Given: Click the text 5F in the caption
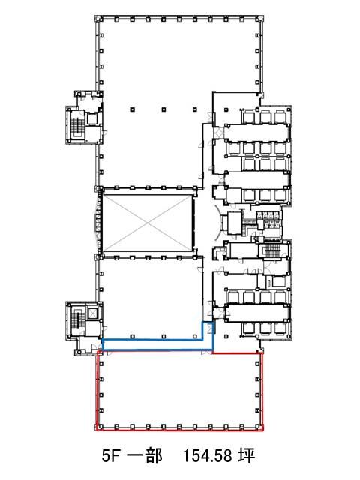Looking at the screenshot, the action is point(110,456).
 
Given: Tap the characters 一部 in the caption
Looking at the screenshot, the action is point(145,456).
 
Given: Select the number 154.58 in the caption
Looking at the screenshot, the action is point(208,456).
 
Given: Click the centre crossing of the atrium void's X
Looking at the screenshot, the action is point(148,223).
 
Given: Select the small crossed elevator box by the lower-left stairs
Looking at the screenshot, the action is point(92,313).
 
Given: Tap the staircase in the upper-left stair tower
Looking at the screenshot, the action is point(76,125).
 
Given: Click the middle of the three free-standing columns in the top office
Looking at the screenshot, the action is point(163,109).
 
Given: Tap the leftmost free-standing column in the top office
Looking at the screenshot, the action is point(132,109).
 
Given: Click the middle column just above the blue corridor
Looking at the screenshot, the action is point(163,337).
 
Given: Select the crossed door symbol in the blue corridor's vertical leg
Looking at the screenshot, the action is point(210,328).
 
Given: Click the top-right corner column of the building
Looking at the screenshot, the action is point(259,19).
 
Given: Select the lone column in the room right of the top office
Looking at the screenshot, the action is point(226,109).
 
